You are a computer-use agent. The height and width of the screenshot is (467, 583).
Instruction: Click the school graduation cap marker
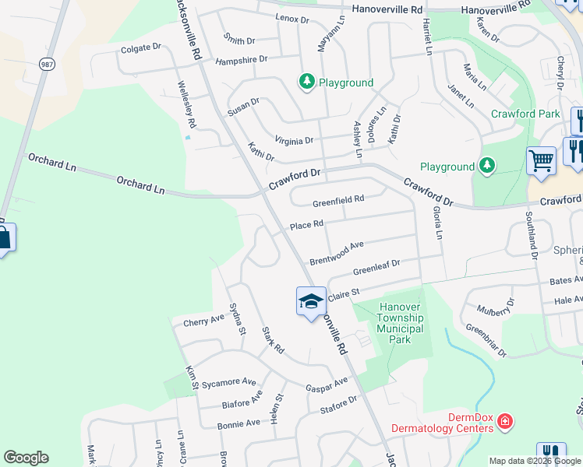[x=310, y=301]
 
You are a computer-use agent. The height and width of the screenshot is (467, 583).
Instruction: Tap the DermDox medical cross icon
[x=505, y=422]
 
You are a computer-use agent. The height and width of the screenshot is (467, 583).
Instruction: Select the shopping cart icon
[x=541, y=160]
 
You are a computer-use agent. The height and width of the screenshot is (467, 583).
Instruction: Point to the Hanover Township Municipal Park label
[x=399, y=323]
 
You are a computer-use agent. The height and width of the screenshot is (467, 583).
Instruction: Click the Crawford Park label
[x=525, y=114]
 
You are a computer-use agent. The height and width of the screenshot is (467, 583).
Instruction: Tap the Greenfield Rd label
[x=338, y=200]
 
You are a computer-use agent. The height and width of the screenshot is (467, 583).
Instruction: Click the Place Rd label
[x=306, y=226]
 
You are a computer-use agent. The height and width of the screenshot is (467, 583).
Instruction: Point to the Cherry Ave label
[x=203, y=320]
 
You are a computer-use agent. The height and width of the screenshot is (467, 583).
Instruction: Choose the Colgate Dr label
[x=140, y=47]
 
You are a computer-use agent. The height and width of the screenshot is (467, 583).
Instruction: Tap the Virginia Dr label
[x=294, y=141]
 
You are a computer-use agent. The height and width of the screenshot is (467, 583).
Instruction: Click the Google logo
[x=26, y=458]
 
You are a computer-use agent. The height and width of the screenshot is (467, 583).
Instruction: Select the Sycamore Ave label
[x=228, y=383]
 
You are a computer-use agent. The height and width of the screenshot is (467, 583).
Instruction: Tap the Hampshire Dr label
[x=241, y=59]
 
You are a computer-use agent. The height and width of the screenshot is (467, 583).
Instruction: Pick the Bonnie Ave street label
[x=238, y=423]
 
